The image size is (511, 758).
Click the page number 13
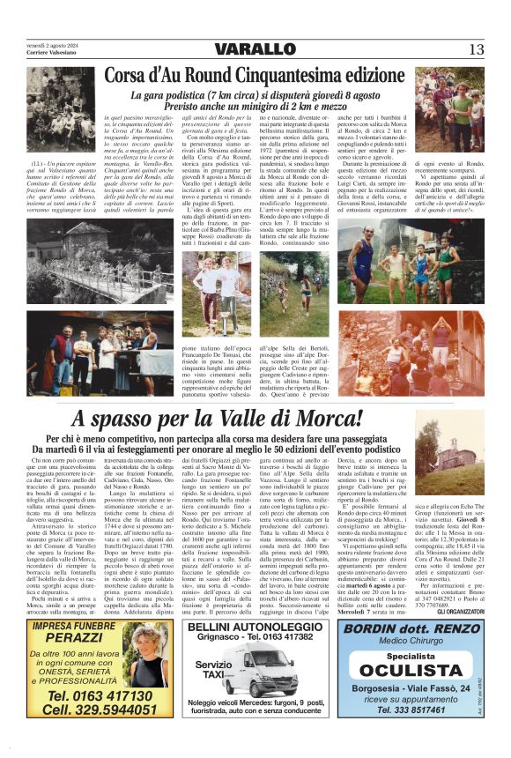476,48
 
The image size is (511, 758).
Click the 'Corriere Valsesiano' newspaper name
52,55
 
